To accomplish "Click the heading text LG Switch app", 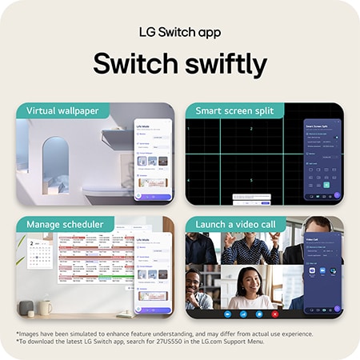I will point(179,32).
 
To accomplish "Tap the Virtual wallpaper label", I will point(62,110).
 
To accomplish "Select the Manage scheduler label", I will point(64,224).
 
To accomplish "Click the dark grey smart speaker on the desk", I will point(26,308).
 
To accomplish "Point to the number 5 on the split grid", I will point(251,181).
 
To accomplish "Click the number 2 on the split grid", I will point(251,129).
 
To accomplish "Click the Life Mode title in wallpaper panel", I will point(145,126).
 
